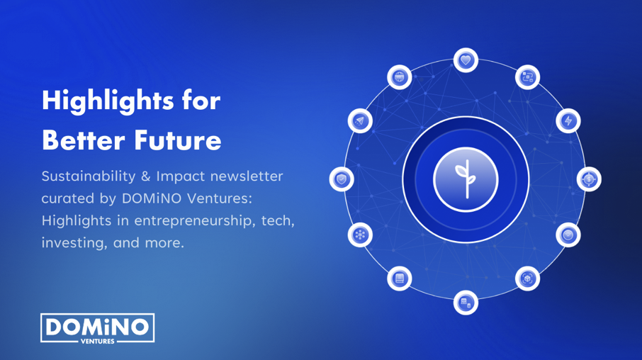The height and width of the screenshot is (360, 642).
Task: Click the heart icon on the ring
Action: [466, 60]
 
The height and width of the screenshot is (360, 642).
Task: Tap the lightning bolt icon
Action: [568, 120]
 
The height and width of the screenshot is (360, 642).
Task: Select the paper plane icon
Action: [360, 120]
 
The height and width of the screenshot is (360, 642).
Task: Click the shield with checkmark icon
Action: [342, 179]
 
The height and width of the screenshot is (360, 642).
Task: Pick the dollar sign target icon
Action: [589, 179]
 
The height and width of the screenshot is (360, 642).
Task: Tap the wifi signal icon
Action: [568, 235]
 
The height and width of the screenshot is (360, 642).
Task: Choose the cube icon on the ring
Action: [527, 279]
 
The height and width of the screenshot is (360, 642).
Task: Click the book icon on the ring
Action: [399, 279]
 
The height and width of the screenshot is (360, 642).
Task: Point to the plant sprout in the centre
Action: [466, 179]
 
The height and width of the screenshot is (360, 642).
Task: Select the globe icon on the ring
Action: [399, 77]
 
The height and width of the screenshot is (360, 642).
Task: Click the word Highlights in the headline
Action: [108, 101]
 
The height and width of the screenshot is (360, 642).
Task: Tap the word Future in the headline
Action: [178, 140]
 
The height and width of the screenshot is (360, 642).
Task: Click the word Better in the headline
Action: [84, 140]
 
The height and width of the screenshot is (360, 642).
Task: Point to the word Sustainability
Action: [89, 176]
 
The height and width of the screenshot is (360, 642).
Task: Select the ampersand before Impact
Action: [146, 176]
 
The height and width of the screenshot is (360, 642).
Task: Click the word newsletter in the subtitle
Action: [247, 176]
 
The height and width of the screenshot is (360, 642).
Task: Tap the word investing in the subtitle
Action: [74, 243]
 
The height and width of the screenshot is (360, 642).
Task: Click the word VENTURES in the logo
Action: [98, 341]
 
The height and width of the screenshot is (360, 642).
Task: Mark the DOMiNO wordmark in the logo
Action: [98, 327]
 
